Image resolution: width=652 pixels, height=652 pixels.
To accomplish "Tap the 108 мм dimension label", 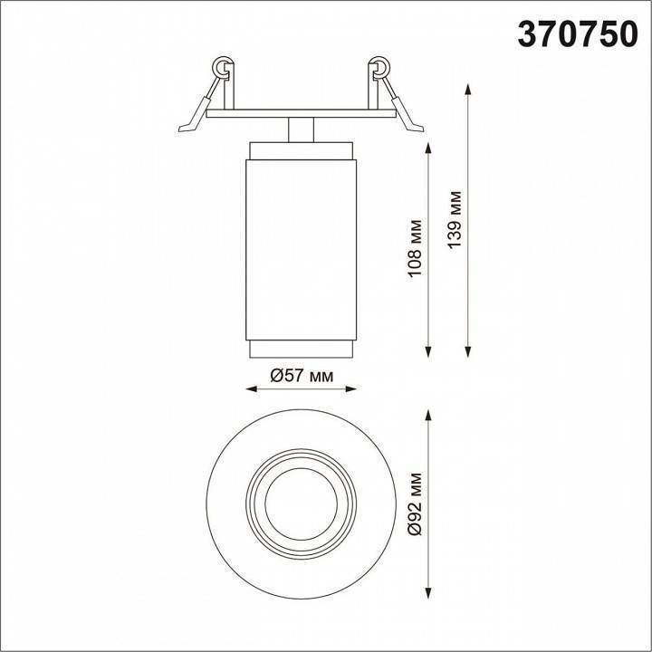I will (416, 247).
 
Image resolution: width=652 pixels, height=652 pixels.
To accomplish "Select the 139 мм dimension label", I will (455, 219).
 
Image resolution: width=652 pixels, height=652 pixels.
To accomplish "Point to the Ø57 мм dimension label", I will (302, 376).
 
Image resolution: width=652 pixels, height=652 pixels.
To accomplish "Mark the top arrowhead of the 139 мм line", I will (468, 89).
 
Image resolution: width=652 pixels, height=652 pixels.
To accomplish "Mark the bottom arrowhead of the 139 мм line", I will (468, 352).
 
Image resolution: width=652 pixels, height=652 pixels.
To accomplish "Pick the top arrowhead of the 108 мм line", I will (429, 147).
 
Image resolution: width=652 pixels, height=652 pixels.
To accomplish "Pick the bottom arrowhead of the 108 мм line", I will (429, 352).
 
